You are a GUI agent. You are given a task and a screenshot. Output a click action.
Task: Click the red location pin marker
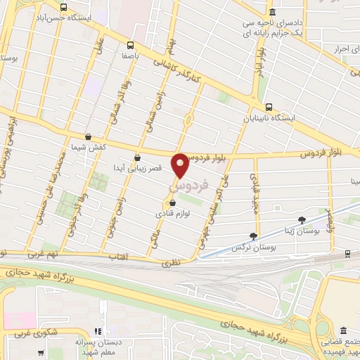click(181, 165)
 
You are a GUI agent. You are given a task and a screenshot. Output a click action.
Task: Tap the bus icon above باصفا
click(128, 43)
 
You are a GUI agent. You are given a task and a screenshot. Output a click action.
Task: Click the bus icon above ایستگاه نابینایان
click(269, 107)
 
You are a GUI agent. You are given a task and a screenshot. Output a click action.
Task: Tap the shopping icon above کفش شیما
click(88, 137)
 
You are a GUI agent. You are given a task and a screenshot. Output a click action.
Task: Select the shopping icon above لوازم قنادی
click(172, 204)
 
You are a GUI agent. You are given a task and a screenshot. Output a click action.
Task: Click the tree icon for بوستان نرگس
click(254, 236)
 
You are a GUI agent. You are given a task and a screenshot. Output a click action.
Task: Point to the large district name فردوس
click(191, 185)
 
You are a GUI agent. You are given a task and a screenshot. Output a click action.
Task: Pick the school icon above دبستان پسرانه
click(98, 330)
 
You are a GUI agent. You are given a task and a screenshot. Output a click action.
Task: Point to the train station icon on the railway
click(349, 254)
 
